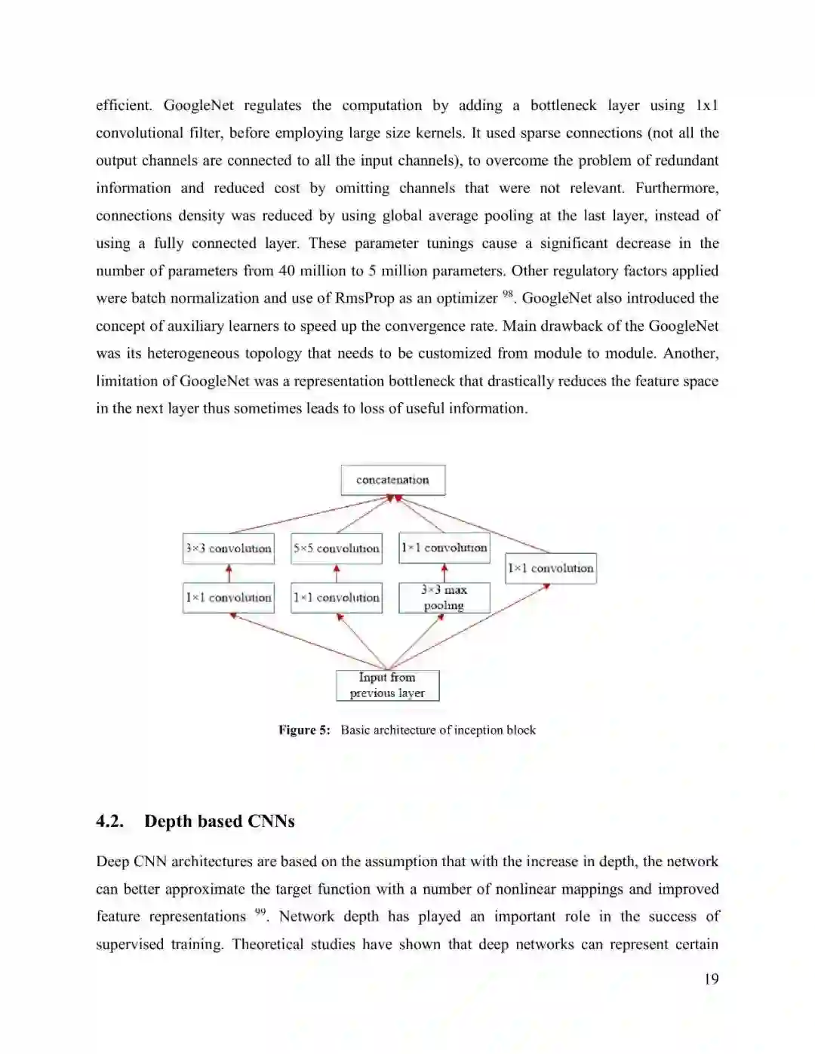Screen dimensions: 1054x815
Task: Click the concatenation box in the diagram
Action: coord(392,480)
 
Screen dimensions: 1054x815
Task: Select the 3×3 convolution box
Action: coord(229,549)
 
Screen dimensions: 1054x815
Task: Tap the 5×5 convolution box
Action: coord(337,549)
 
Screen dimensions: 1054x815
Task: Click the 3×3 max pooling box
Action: coord(444,598)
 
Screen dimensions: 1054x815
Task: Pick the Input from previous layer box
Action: coord(387,685)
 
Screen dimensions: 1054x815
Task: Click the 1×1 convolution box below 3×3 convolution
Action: coord(229,598)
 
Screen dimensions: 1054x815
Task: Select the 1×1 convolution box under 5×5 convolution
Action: coord(337,598)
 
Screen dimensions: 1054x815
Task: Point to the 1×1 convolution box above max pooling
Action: coord(444,548)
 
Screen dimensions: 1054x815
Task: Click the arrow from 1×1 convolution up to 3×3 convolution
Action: coord(229,573)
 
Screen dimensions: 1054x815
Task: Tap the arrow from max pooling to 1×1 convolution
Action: coord(444,573)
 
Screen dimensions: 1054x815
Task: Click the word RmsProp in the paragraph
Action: coord(364,298)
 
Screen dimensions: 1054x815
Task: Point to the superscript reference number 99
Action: coord(260,912)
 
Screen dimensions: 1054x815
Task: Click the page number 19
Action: coord(711,979)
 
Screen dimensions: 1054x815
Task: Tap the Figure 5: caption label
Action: coord(304,730)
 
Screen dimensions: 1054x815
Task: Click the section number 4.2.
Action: coord(109,821)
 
